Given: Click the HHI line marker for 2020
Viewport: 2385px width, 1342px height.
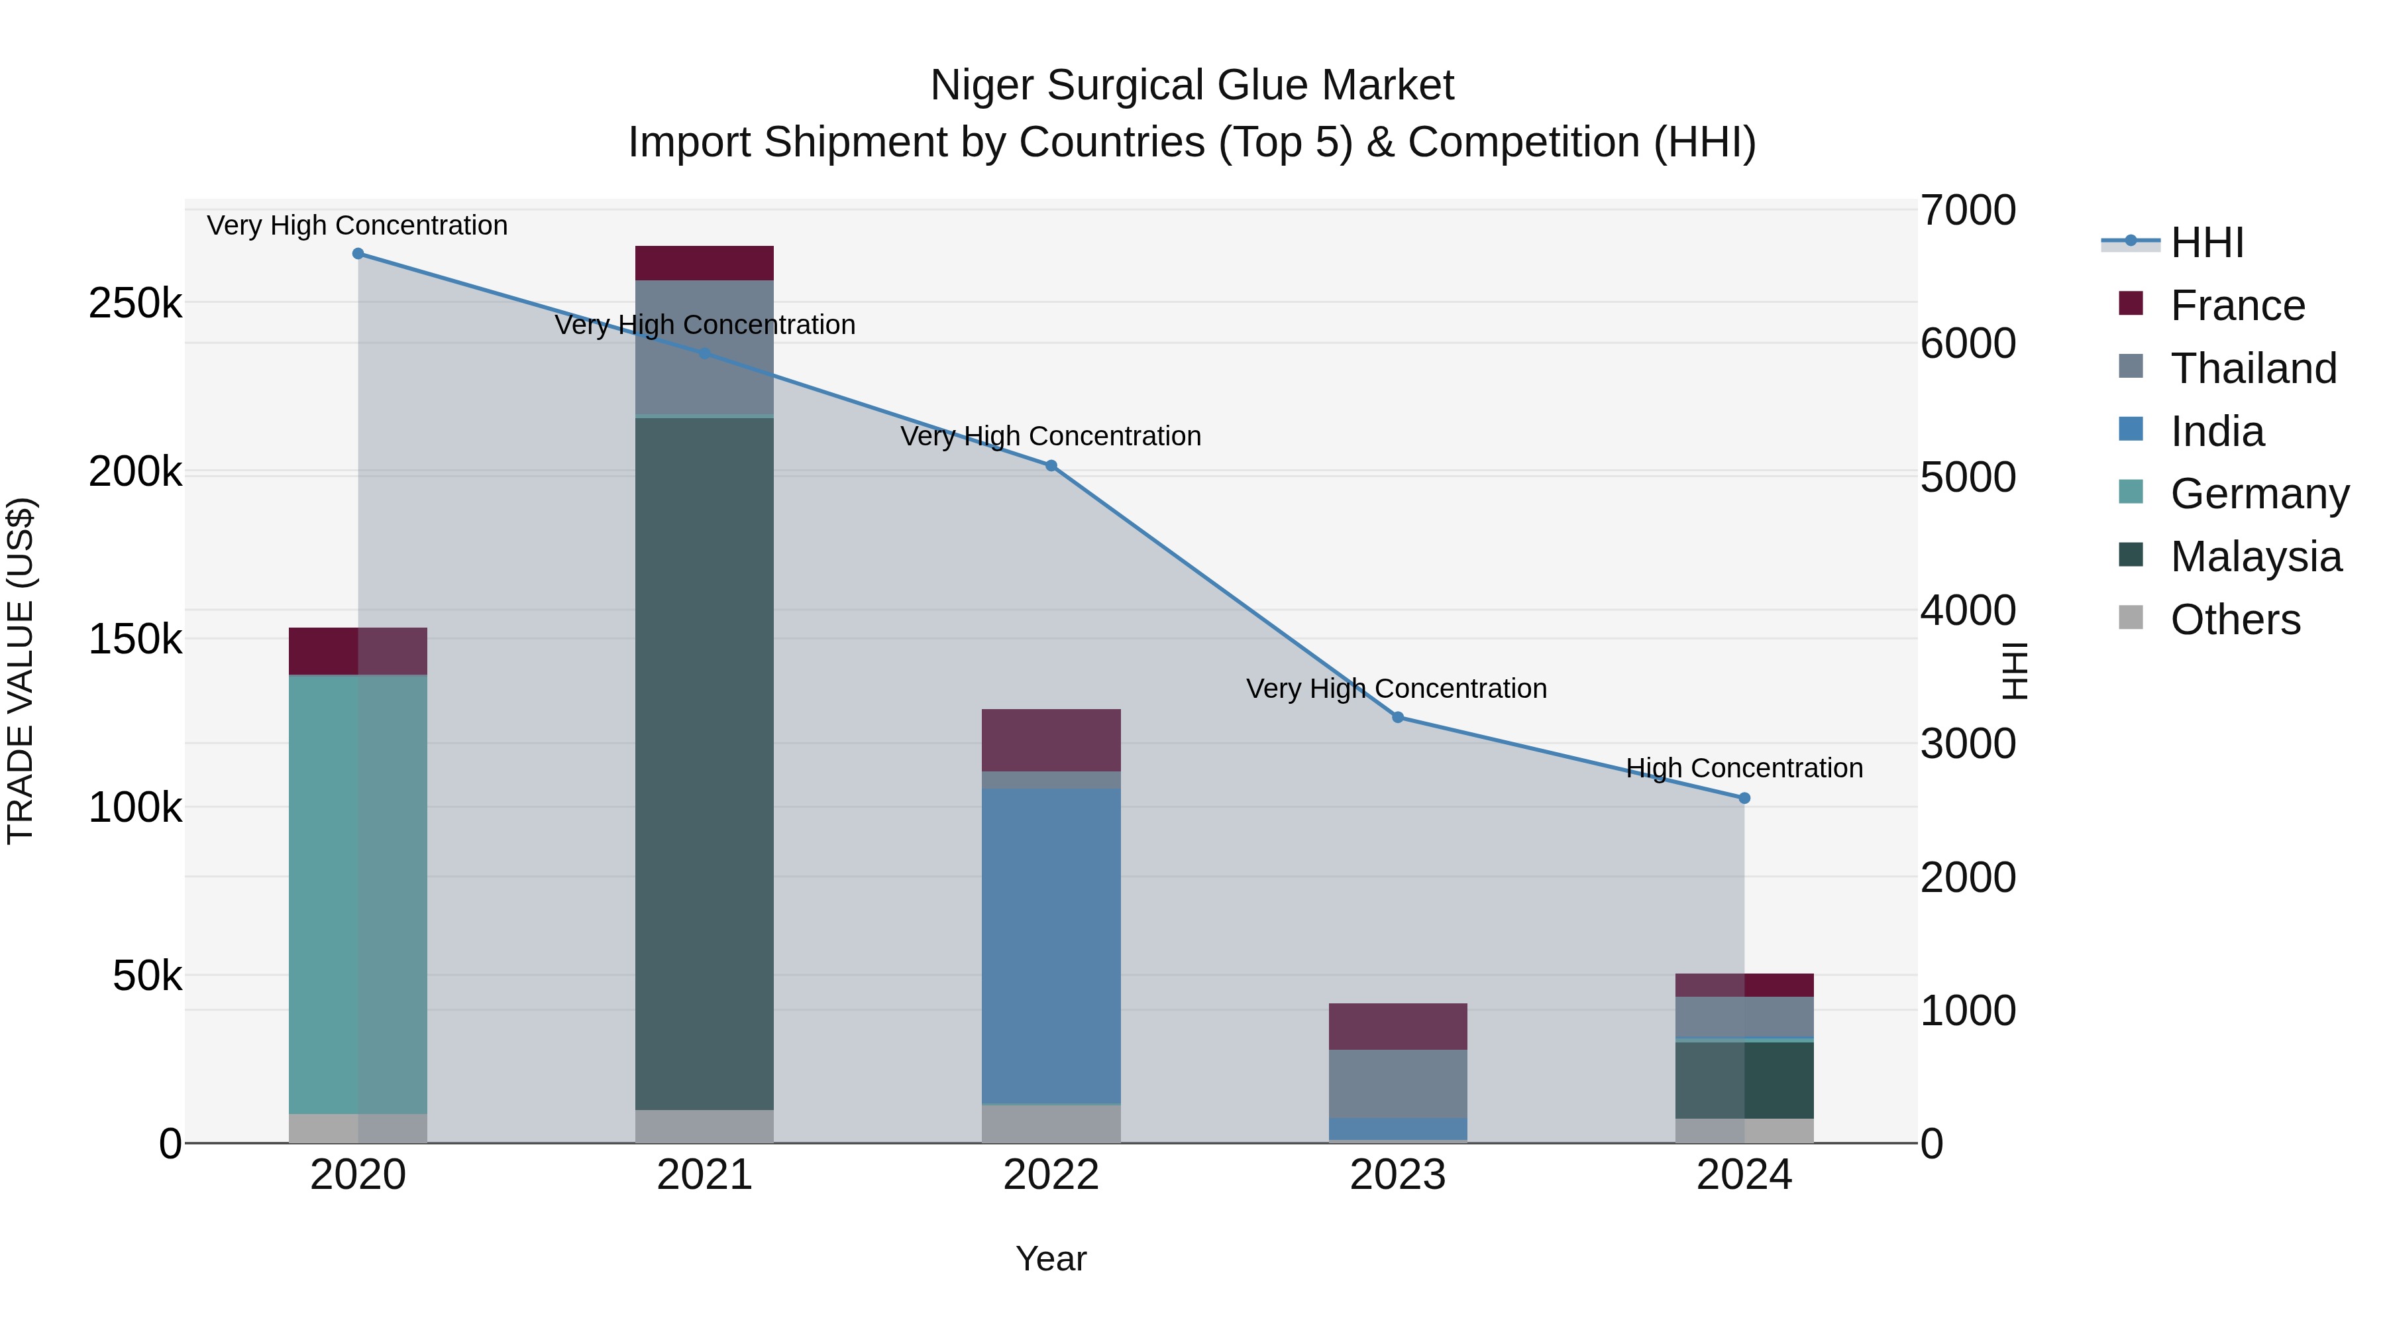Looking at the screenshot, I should click(x=358, y=254).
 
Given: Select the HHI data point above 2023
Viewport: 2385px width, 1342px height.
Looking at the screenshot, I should click(x=1398, y=718).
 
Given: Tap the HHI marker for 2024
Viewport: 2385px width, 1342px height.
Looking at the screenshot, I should click(x=1744, y=799).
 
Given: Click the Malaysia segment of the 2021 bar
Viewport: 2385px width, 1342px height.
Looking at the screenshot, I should click(x=705, y=759).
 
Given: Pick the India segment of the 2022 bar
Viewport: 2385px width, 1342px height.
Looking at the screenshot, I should click(x=1051, y=944).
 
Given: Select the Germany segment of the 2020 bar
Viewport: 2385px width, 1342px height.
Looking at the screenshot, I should click(x=358, y=894).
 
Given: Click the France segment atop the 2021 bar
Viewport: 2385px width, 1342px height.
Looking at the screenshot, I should click(x=705, y=263).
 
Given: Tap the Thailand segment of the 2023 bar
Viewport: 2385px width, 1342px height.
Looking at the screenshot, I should click(x=1398, y=1084).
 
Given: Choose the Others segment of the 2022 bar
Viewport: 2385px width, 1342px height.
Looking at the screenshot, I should click(x=1051, y=1123).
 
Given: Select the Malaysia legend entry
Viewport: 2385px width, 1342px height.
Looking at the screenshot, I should click(x=2255, y=557).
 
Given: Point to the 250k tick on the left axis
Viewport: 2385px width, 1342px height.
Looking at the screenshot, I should click(x=135, y=303).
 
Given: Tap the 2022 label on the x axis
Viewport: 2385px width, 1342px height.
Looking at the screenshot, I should click(x=1051, y=1175).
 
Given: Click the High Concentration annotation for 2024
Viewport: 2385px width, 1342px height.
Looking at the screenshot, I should click(x=1744, y=768).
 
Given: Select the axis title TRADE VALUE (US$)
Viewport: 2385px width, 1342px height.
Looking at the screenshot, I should click(x=21, y=671).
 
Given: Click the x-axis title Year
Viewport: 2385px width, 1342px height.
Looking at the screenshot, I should click(x=1051, y=1258).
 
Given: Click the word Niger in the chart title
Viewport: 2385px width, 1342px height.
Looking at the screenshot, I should click(x=982, y=85).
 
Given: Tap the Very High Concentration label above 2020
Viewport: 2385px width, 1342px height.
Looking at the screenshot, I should click(x=357, y=225).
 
